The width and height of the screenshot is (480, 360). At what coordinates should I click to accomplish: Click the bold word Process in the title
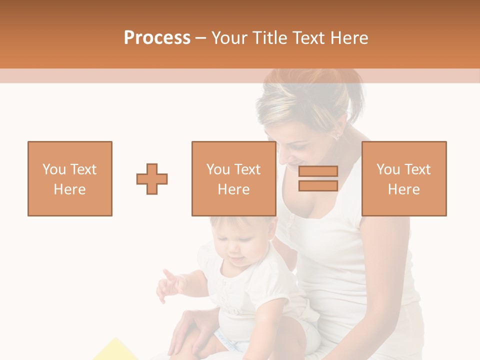pos(157,37)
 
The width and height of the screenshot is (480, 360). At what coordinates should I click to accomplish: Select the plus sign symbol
pos(152,179)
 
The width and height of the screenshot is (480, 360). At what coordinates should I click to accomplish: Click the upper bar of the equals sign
pos(318,171)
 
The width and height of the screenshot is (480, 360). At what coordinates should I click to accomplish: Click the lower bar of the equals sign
pos(318,185)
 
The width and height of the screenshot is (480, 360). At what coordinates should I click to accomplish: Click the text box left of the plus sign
pos(70,179)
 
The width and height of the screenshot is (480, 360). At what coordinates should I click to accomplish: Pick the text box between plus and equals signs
pos(234,179)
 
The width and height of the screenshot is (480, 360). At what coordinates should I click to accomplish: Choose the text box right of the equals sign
pos(404,179)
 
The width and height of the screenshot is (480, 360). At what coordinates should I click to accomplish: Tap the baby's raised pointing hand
pos(168,283)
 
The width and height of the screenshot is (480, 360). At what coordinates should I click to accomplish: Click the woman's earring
pos(338,136)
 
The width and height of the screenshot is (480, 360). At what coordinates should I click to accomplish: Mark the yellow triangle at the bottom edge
pos(116,350)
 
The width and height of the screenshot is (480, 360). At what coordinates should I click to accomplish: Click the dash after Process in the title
pos(201,38)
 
